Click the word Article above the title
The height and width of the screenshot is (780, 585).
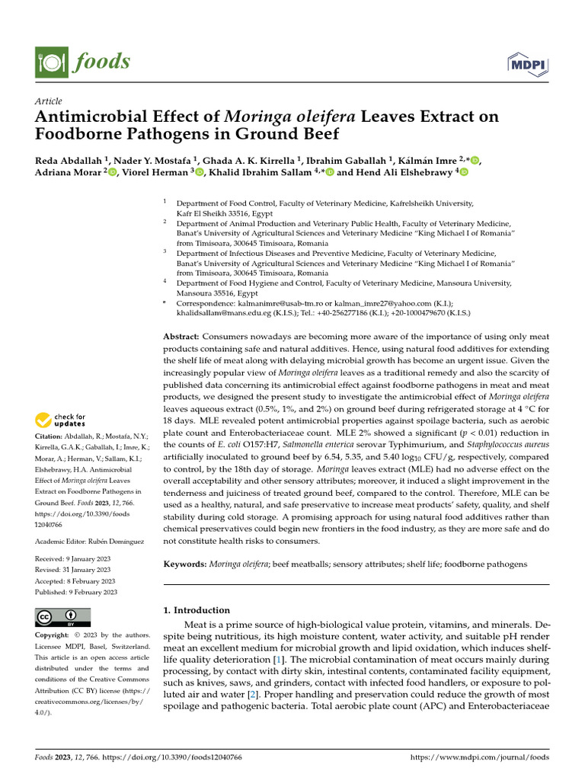pyautogui.click(x=49, y=101)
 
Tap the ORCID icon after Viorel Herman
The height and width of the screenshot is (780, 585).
pyautogui.click(x=200, y=173)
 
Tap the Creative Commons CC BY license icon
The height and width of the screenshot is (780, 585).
pyautogui.click(x=63, y=617)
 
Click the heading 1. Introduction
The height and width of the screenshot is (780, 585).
pyautogui.click(x=197, y=610)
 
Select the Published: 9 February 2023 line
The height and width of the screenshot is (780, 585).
pyautogui.click(x=76, y=592)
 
